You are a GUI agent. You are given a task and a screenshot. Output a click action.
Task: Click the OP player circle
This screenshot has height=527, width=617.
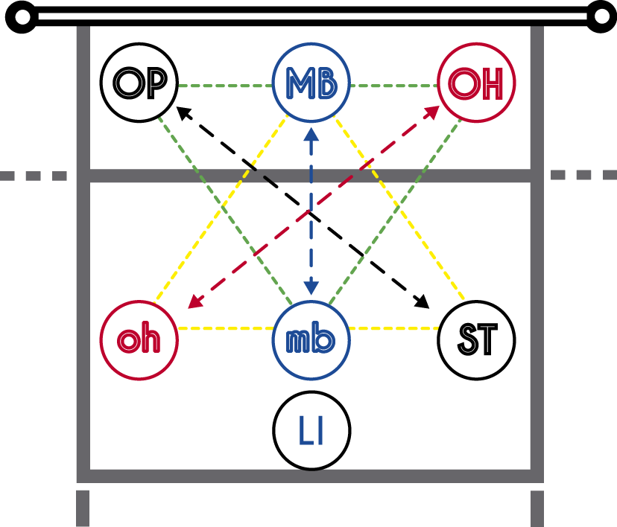click(139, 83)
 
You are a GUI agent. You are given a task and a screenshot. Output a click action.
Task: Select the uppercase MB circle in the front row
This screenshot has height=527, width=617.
click(311, 83)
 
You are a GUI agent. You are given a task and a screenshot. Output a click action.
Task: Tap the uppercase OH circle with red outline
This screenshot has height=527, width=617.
click(477, 83)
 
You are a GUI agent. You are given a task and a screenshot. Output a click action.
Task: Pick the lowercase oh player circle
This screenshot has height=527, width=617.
click(139, 340)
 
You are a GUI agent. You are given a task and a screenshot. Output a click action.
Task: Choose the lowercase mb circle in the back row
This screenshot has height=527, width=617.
click(311, 340)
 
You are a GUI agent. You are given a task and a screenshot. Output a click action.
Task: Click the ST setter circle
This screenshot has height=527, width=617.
click(477, 340)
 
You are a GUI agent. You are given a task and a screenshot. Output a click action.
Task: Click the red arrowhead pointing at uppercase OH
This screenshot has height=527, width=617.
click(431, 112)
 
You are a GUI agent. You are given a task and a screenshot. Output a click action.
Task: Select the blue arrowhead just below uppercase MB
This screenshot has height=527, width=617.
click(311, 134)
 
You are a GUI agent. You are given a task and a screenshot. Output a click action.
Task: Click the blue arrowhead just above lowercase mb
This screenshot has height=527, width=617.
click(311, 288)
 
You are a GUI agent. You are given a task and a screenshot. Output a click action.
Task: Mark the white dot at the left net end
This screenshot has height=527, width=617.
click(23, 16)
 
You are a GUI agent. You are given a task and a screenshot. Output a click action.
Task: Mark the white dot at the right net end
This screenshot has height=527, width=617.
click(602, 16)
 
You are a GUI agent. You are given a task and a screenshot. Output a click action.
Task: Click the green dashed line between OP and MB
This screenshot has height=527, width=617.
click(224, 86)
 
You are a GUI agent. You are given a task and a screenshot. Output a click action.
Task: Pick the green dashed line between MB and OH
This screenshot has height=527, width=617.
click(393, 86)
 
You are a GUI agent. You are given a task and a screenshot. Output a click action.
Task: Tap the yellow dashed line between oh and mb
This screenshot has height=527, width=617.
click(225, 328)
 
